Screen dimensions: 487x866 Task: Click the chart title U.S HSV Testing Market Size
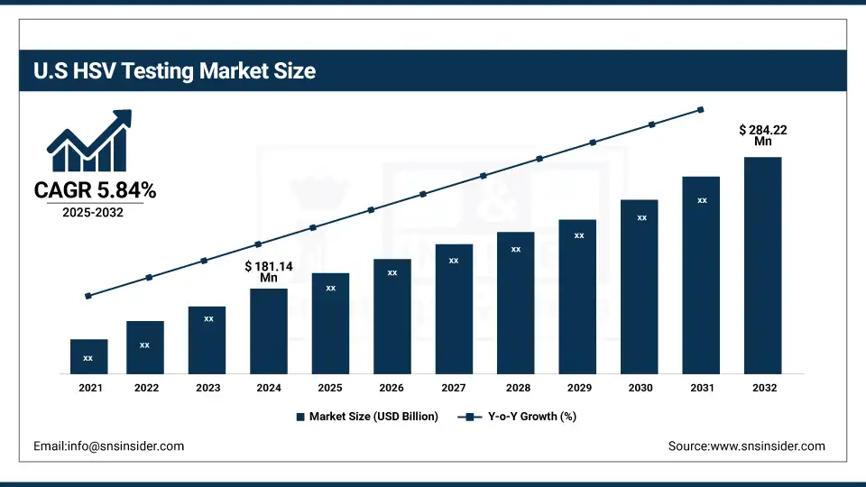pos(175,70)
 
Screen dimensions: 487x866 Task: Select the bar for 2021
pos(88,356)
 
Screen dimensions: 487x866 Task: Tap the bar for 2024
pos(269,331)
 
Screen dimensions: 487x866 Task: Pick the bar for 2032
pos(762,265)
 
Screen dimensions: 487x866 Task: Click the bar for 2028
pos(515,302)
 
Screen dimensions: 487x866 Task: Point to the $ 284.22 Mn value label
pos(762,135)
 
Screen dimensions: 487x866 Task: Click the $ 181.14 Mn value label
pos(269,272)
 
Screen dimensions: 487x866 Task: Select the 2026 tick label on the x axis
pos(392,387)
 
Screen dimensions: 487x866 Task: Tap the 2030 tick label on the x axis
pos(640,387)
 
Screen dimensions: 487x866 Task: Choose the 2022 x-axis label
pos(146,387)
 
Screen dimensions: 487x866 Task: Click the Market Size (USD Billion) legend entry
pos(366,417)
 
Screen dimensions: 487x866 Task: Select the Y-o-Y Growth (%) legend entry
pos(518,417)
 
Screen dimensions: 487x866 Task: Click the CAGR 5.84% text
pos(95,190)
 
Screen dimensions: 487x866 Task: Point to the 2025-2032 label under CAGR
pos(93,212)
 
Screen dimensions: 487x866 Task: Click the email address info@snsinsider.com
pos(108,446)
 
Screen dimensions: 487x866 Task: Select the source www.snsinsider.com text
pos(746,446)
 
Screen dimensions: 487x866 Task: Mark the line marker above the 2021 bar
pos(88,296)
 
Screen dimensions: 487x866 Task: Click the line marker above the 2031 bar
pos(701,110)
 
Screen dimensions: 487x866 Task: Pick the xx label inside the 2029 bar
pos(579,235)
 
